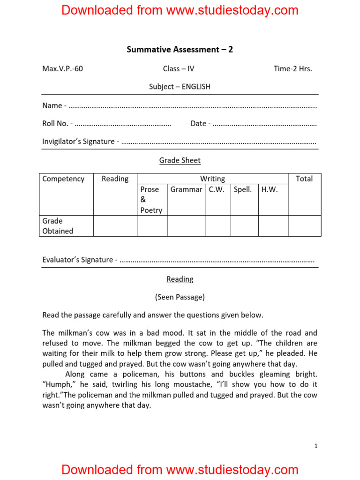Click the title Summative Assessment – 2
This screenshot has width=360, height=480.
[180, 49]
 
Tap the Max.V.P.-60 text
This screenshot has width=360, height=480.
[62, 69]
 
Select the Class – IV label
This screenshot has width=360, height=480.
[179, 69]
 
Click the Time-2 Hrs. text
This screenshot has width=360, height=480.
[292, 69]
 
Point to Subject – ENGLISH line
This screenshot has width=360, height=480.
[180, 87]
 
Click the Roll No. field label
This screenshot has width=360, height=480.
[57, 124]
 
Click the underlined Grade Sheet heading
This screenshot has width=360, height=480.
[180, 160]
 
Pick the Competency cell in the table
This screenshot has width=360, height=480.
[63, 179]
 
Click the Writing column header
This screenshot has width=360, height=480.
[212, 179]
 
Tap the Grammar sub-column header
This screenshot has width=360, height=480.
[186, 189]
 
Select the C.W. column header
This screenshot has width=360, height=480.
[217, 189]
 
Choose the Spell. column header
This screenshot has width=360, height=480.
[243, 189]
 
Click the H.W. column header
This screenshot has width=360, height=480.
[270, 189]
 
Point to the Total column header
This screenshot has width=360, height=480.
[304, 179]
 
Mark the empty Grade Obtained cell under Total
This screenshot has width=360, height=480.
[304, 226]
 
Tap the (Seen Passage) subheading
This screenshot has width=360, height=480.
[180, 297]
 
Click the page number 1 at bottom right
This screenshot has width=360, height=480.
[316, 446]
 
